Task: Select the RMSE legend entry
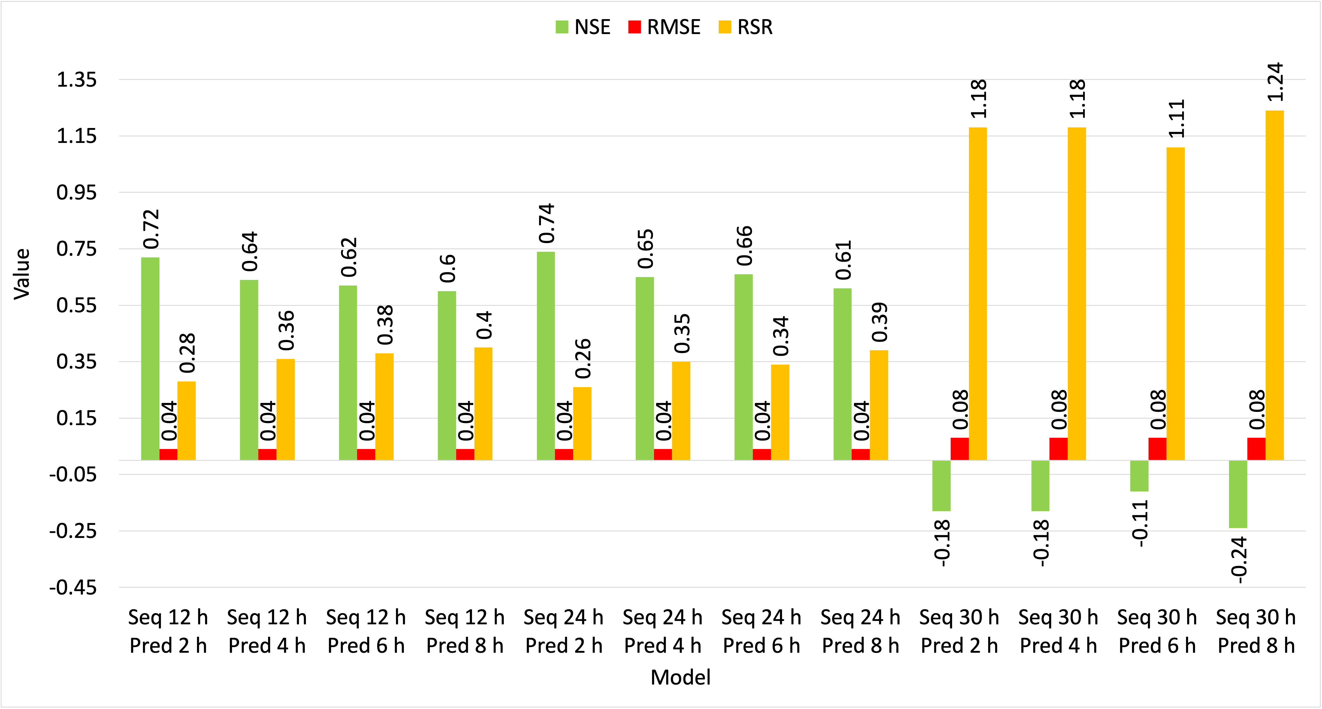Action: click(664, 27)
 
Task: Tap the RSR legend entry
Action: click(746, 27)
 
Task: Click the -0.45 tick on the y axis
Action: click(73, 587)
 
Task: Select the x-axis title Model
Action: click(681, 677)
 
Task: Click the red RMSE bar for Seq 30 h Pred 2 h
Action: click(959, 449)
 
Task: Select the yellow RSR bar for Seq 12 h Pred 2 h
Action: click(186, 421)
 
